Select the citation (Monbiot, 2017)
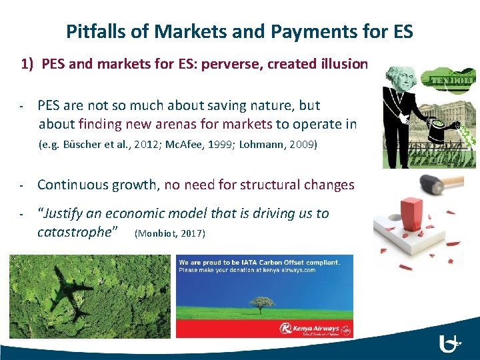pyautogui.click(x=170, y=233)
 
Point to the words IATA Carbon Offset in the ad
pyautogui.click(x=259, y=262)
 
